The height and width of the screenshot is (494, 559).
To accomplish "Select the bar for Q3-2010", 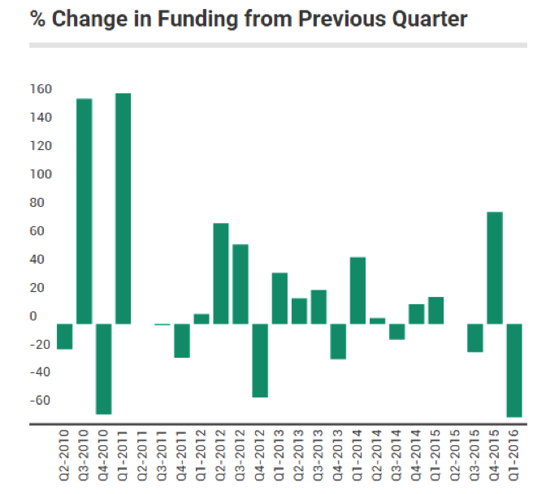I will [84, 211].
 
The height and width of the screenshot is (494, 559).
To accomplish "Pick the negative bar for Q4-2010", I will [103, 368].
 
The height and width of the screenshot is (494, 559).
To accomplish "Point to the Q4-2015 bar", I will [495, 268].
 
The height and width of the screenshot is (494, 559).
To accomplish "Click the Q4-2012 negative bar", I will [260, 360].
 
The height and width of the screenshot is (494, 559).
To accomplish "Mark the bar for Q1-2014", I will [357, 290].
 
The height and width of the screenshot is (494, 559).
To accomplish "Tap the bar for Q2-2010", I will [64, 337].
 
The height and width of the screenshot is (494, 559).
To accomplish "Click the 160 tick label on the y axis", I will [41, 89].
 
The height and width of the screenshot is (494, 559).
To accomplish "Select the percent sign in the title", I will [37, 19].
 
